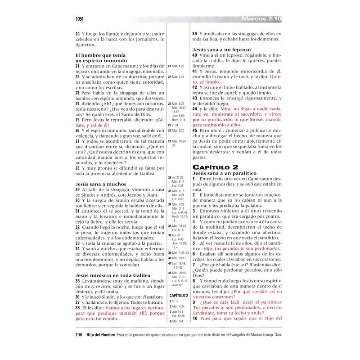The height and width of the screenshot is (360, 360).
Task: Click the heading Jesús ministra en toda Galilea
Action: [x=112, y=274]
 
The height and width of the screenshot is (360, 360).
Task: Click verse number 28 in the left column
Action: [x=78, y=167]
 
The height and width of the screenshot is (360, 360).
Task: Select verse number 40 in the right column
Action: [x=195, y=55]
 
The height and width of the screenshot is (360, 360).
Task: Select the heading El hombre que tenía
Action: [x=100, y=54]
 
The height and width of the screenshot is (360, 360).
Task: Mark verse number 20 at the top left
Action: [x=78, y=34]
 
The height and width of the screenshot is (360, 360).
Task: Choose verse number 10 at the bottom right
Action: [x=195, y=331]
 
